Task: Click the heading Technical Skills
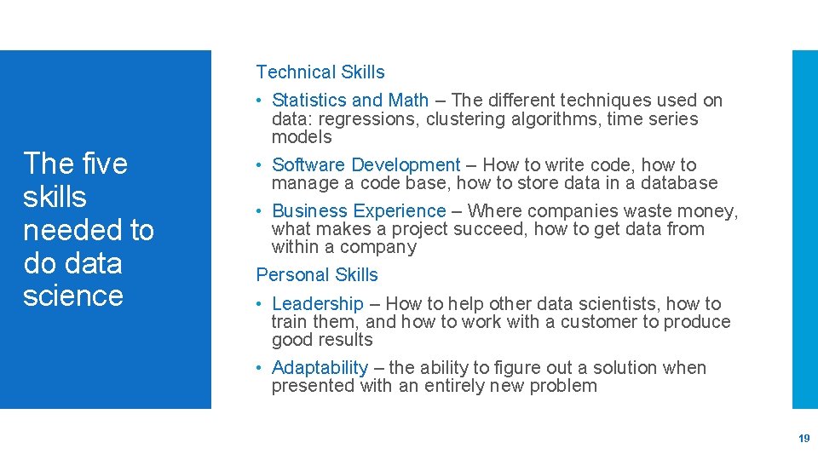tap(320, 72)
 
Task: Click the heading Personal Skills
tap(317, 275)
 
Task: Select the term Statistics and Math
tap(350, 101)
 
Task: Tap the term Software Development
tap(366, 165)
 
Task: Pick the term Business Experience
tap(359, 211)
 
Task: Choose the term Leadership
tap(317, 304)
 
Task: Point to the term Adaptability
tap(320, 368)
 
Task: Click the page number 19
tap(804, 439)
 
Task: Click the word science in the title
tap(73, 296)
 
